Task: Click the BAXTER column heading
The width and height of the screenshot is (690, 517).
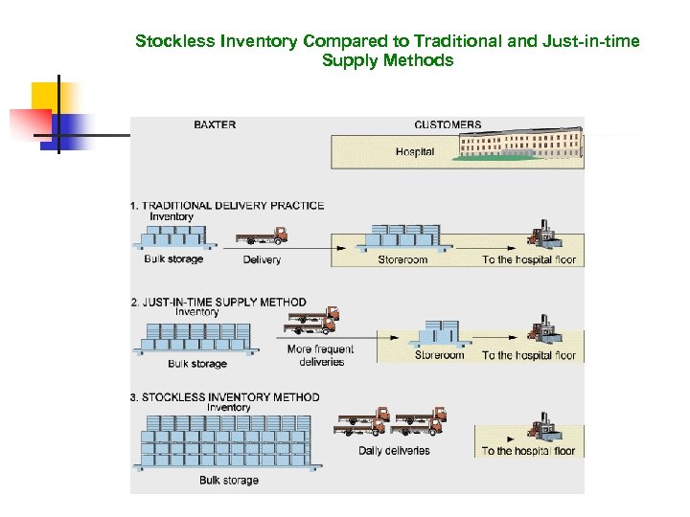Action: [215, 124]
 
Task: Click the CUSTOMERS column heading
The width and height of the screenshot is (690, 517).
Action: [448, 124]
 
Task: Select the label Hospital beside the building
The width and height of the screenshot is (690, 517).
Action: [415, 152]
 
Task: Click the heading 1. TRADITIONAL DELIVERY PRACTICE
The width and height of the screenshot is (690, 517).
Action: [227, 205]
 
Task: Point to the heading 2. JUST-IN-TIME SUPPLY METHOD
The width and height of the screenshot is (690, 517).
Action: [218, 303]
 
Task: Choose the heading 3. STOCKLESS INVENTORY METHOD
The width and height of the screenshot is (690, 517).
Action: [224, 397]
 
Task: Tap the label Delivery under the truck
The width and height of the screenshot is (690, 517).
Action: [262, 259]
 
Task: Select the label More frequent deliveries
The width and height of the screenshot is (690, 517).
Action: [320, 355]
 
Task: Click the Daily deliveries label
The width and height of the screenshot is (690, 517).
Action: [394, 450]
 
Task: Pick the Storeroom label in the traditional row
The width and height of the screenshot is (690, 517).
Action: [402, 259]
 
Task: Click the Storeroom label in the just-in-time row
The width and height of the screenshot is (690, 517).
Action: [439, 355]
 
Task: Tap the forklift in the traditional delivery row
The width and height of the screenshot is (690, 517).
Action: [542, 238]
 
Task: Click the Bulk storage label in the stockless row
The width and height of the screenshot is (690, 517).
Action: [228, 480]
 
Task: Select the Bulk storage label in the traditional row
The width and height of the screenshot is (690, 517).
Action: [173, 259]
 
